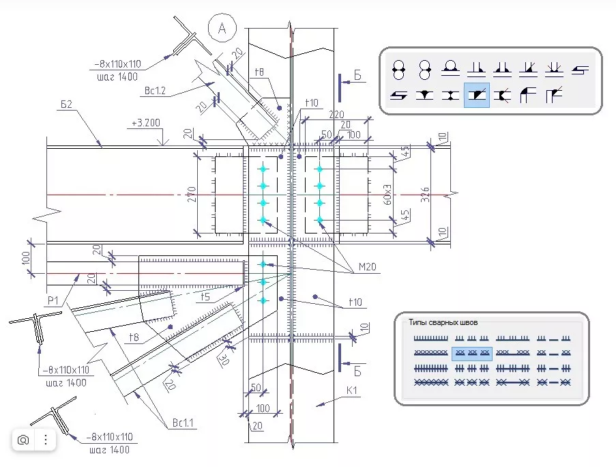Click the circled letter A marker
point(222,28)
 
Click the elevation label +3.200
point(146,123)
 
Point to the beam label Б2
point(66,104)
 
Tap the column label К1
point(351,391)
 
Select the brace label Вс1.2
point(155,91)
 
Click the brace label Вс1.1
point(183,423)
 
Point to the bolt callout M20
point(367,267)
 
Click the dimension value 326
point(425,195)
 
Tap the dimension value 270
point(191,195)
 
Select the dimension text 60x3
point(387,195)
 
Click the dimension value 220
point(336,115)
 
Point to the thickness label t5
point(205,297)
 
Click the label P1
point(53,300)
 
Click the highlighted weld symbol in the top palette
point(477,95)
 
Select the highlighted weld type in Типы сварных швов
point(472,354)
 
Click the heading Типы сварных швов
point(443,322)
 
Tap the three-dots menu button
point(46,440)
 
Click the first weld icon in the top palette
point(399,70)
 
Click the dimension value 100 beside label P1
point(25,258)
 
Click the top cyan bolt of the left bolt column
point(263,169)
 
